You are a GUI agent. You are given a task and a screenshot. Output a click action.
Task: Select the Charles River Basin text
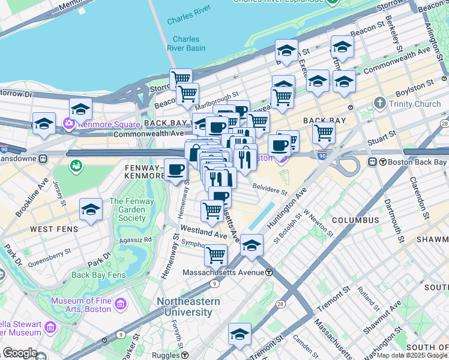pos(187,44)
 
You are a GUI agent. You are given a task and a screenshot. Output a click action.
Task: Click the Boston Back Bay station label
pos(414,162)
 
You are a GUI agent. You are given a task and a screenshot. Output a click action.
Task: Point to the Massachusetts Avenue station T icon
pos(270,272)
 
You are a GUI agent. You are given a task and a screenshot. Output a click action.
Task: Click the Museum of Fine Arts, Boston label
pos(81,305)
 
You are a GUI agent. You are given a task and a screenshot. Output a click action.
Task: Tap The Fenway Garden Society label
pos(131,210)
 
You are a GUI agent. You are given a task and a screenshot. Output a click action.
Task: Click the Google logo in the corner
pos(19,353)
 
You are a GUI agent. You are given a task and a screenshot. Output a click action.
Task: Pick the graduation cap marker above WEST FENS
pos(91,209)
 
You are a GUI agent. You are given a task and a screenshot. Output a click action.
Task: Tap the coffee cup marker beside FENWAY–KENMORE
pos(175,170)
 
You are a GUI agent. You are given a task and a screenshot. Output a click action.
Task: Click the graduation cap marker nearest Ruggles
pos(240,334)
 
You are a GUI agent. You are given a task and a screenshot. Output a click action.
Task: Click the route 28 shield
pos(281,305)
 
